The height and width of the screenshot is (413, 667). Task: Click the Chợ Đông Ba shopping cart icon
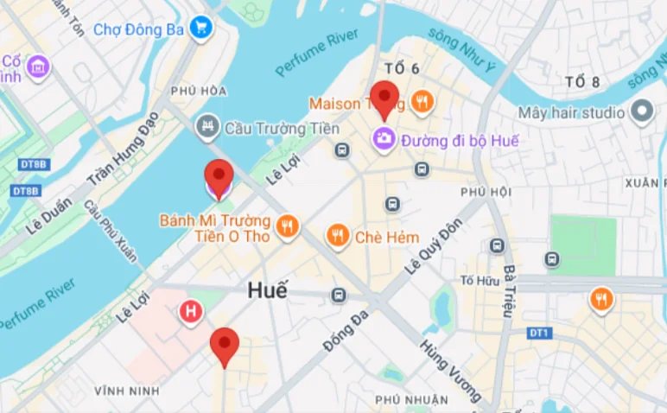coord(201,29)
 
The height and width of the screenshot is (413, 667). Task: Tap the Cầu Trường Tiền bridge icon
coord(207,128)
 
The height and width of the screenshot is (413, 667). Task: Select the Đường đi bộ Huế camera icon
coord(384,138)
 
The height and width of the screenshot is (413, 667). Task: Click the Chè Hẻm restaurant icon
coord(338,235)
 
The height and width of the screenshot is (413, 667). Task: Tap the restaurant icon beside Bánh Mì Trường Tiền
coord(287,227)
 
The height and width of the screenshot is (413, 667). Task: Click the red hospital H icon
coord(190,311)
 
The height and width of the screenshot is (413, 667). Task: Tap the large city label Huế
coord(267,291)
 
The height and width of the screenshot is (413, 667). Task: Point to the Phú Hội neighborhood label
coord(486,191)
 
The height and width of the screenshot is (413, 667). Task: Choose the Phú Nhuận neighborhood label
coord(411,399)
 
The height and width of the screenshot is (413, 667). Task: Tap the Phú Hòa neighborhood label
coord(199,91)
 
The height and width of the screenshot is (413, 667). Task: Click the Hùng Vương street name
coord(450,370)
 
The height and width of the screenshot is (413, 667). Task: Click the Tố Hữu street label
coord(480,280)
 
